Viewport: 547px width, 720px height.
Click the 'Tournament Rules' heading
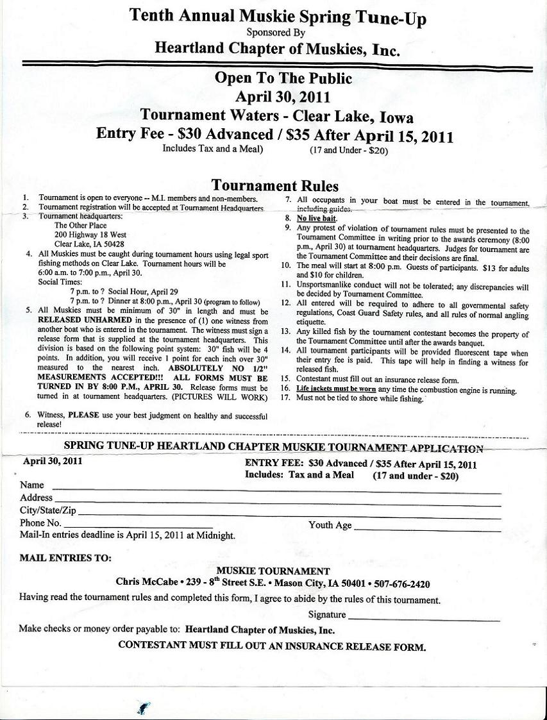[x=275, y=186]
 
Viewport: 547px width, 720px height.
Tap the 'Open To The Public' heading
[x=283, y=79]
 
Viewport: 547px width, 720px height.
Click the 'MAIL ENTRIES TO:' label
[x=65, y=558]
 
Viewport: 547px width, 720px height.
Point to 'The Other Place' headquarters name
[x=80, y=226]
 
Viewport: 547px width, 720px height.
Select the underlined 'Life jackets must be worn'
[x=336, y=389]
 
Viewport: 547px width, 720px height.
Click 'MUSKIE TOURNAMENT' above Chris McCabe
[x=273, y=571]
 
